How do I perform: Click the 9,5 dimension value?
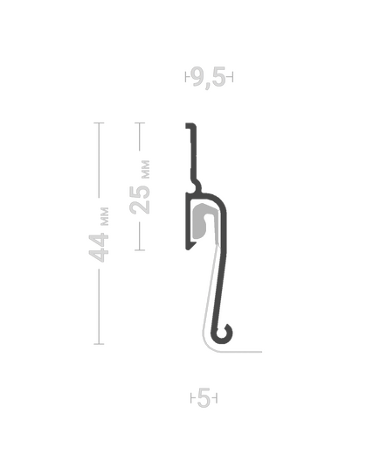coord(209,78)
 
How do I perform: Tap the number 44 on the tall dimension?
coord(99,247)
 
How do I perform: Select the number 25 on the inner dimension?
coord(140,200)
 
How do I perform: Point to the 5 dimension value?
coord(204,398)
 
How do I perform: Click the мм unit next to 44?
coord(105,216)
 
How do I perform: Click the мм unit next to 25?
coord(145,169)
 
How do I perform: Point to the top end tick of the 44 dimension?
coord(99,123)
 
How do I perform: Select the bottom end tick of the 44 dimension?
coord(99,344)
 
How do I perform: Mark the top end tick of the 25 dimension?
coord(140,123)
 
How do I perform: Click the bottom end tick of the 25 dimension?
coord(140,249)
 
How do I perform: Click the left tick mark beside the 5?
coord(192,398)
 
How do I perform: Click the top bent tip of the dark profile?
coord(190,125)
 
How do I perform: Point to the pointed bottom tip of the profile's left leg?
coord(189,248)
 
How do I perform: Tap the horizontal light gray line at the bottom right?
coord(242,352)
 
